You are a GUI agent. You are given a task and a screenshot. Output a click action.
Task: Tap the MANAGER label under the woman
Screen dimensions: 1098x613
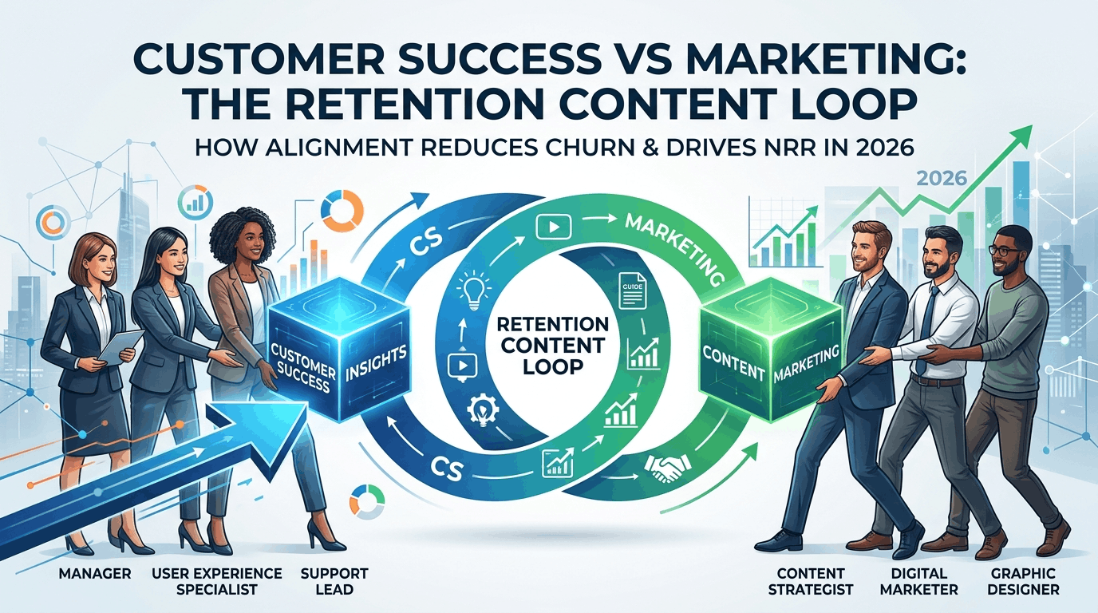(95, 573)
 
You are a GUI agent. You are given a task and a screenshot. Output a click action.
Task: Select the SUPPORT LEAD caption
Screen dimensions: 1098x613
(334, 581)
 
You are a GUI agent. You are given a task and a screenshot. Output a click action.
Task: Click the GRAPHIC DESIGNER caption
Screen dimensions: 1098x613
(1024, 581)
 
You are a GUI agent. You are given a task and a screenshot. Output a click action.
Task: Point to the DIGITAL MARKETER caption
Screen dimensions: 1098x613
(918, 581)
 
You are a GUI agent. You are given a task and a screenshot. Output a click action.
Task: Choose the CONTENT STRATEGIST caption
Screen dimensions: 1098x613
(811, 581)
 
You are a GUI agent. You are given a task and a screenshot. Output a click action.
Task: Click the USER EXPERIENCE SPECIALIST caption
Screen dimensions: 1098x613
(217, 581)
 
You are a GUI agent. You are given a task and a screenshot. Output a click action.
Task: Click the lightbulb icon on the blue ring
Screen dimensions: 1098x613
(473, 293)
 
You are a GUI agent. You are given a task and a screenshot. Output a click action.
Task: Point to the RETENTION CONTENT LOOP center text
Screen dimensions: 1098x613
(552, 346)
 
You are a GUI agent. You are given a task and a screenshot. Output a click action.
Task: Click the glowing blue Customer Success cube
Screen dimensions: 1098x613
(339, 349)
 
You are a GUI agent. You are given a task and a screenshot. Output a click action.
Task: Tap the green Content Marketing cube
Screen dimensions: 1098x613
(771, 349)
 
